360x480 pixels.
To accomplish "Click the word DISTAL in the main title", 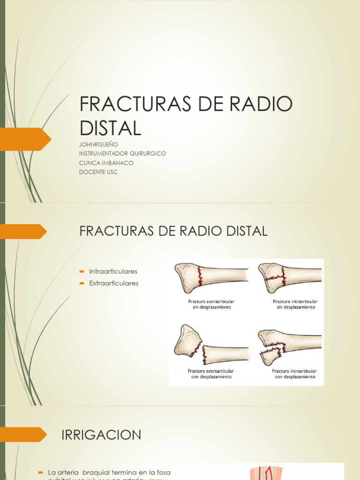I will click(x=111, y=128).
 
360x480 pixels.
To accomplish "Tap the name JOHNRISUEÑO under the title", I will click(x=98, y=144).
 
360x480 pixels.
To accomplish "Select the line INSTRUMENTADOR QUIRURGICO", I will click(x=122, y=153).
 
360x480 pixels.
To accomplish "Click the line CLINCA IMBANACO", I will click(x=106, y=163).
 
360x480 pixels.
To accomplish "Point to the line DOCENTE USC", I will click(x=98, y=172).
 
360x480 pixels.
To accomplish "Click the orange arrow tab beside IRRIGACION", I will click(x=23, y=435).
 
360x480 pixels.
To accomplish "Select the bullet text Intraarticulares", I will click(x=113, y=271).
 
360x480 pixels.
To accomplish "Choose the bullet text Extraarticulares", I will click(x=114, y=283).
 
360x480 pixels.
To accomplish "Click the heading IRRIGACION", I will click(x=101, y=435).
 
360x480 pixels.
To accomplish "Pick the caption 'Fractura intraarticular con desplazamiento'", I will click(x=295, y=374).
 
